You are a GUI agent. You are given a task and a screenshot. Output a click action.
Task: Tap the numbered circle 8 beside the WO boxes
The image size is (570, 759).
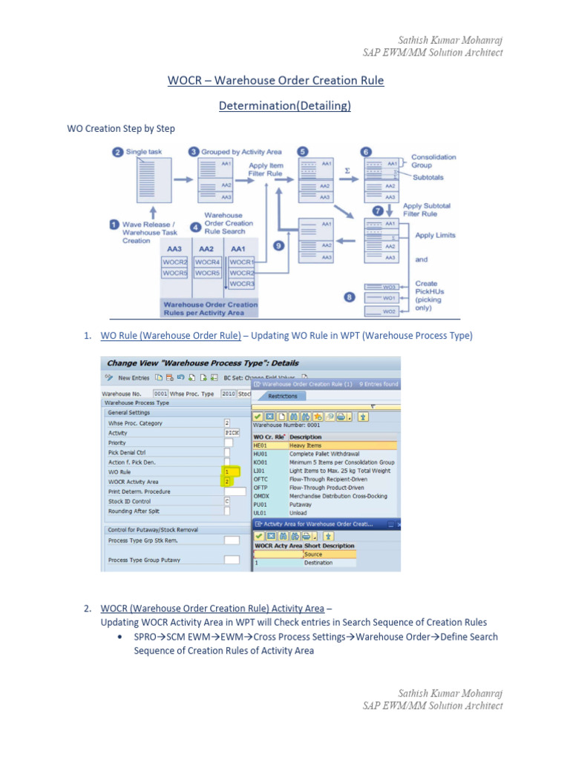click(x=349, y=297)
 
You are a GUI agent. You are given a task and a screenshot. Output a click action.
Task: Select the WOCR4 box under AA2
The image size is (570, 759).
click(x=207, y=262)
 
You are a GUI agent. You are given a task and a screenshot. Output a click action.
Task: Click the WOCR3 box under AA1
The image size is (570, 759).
click(x=241, y=283)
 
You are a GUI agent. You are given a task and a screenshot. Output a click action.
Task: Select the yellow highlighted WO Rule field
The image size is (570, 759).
click(x=231, y=471)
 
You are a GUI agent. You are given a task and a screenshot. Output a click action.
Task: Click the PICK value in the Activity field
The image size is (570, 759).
click(x=232, y=432)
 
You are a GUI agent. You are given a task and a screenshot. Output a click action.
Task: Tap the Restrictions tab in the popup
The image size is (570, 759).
click(x=282, y=396)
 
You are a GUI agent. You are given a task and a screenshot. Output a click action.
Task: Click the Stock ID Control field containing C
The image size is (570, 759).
click(x=228, y=501)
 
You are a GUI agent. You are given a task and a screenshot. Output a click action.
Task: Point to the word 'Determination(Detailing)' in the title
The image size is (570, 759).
click(x=284, y=106)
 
